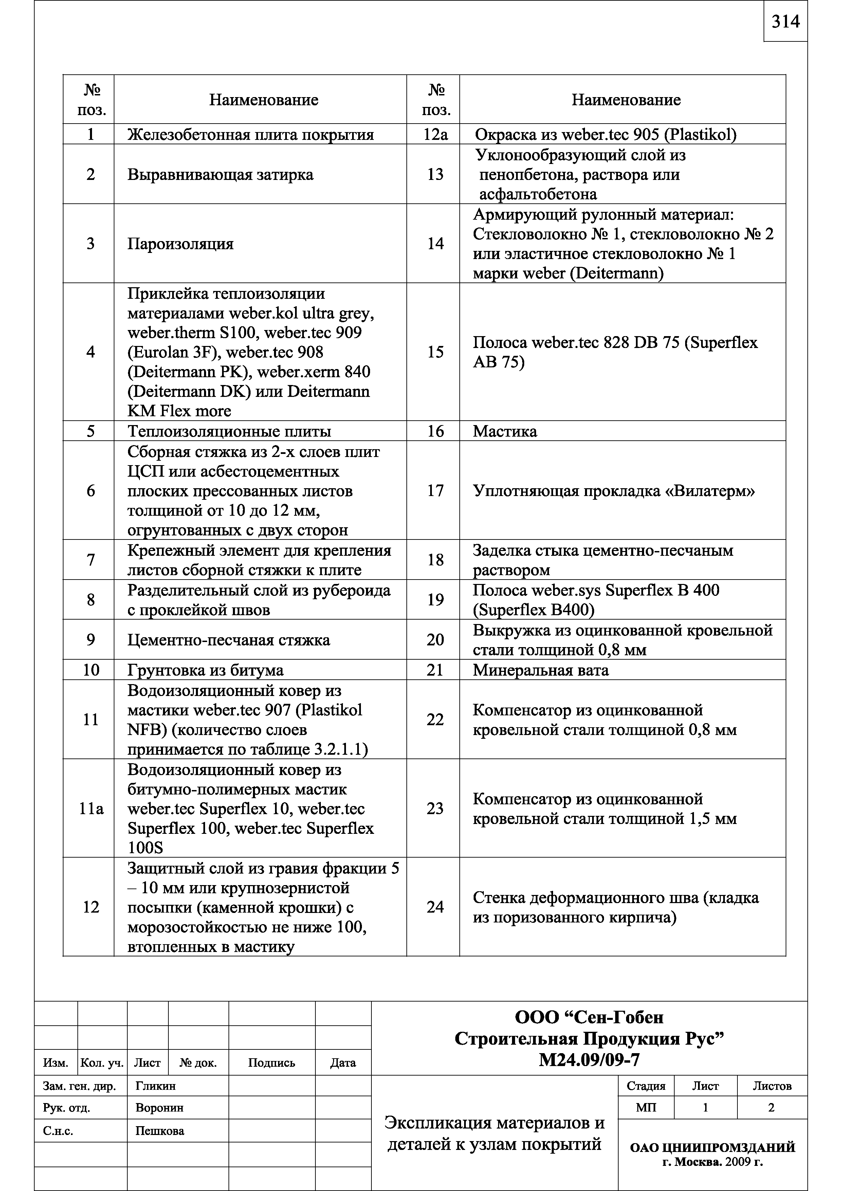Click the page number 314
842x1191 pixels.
785,22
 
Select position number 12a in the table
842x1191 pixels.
435,134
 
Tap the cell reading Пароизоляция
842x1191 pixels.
181,244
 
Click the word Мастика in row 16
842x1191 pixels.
505,432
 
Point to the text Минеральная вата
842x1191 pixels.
541,670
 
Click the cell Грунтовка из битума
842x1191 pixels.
205,670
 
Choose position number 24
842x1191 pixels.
435,907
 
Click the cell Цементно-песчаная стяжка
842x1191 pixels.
229,640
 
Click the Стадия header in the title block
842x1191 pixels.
646,1086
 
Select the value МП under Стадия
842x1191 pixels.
646,1108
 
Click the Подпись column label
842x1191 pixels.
271,1063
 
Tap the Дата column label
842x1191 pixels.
343,1063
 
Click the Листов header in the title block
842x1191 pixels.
772,1086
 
